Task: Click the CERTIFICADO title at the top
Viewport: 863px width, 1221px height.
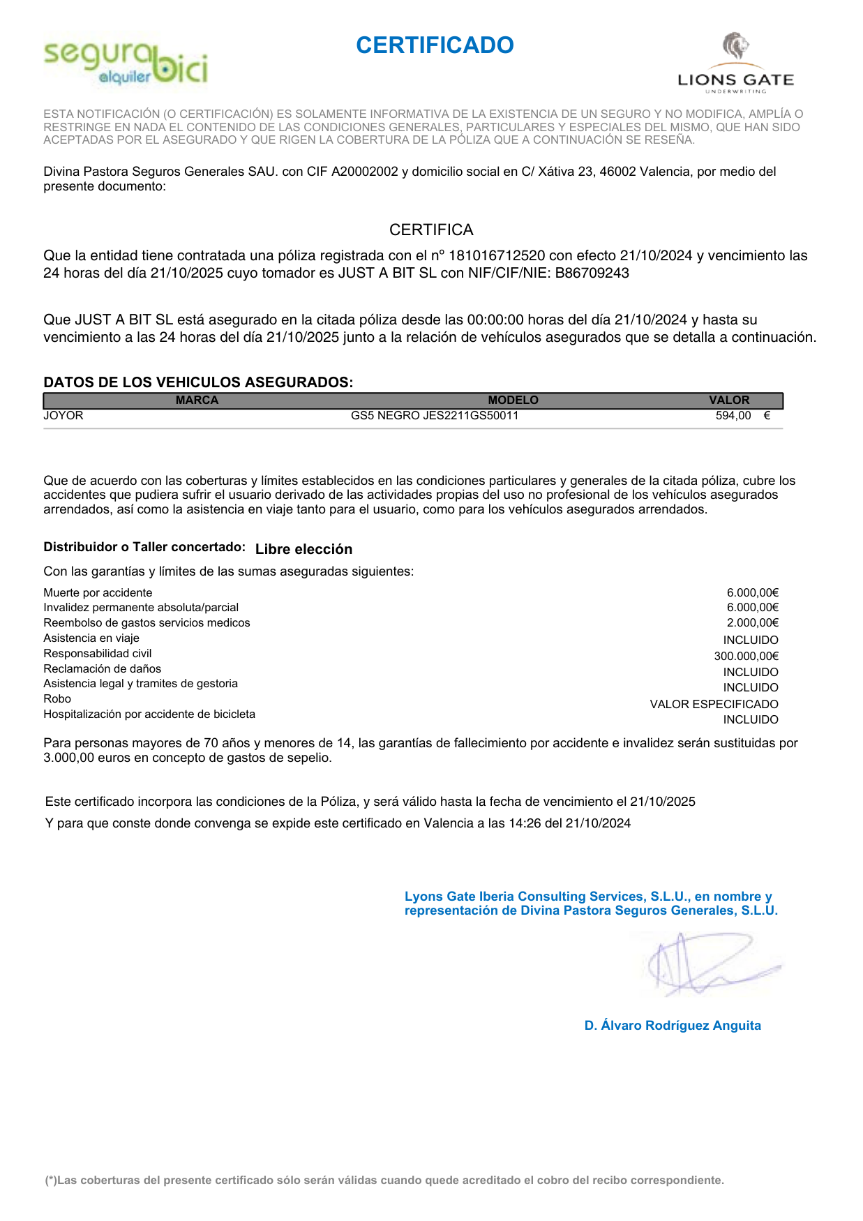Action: tap(435, 45)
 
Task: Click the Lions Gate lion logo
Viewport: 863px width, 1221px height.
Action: tap(735, 47)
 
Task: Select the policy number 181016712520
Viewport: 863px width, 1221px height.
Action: tap(497, 256)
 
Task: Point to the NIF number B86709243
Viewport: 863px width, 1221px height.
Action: tap(592, 274)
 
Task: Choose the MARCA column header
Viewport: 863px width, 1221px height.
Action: tap(197, 400)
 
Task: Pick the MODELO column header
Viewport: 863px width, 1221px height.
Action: tap(513, 400)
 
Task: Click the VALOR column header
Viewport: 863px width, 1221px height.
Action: tap(729, 400)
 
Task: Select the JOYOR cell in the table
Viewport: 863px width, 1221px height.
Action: tap(63, 416)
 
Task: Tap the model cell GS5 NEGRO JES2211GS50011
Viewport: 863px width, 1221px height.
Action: tap(435, 416)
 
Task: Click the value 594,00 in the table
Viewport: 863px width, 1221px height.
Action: tap(733, 416)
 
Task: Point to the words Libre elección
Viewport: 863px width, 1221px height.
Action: tap(303, 549)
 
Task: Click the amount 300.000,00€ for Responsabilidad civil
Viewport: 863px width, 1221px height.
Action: tap(746, 656)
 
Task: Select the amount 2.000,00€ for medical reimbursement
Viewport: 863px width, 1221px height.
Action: tap(752, 623)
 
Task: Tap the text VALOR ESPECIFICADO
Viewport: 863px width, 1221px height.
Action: tap(714, 704)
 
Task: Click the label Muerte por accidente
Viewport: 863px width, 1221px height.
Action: tap(98, 593)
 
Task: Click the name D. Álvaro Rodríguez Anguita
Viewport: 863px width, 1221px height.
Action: tap(673, 1026)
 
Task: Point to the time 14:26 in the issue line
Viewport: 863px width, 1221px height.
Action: tap(525, 823)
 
